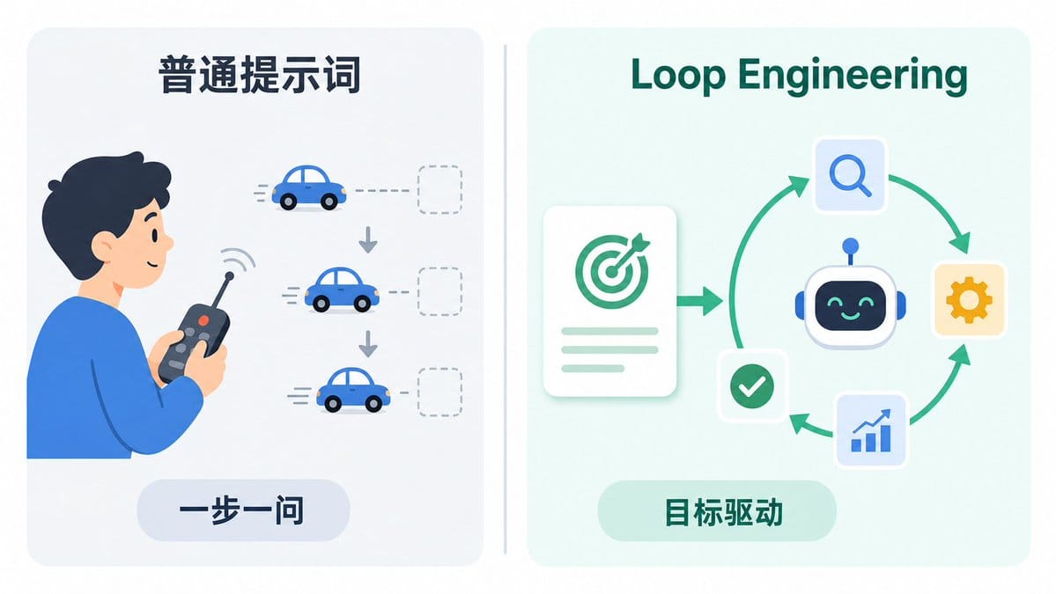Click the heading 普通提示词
[x=259, y=75]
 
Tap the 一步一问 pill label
[x=242, y=510]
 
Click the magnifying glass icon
[x=850, y=176]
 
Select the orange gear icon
[x=969, y=300]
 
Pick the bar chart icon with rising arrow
[x=871, y=429]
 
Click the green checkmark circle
[x=751, y=386]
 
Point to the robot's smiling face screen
[x=850, y=307]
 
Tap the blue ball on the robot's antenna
[x=851, y=246]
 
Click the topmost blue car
[x=308, y=187]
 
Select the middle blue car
[x=342, y=290]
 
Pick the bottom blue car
[x=353, y=390]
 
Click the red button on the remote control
[x=203, y=321]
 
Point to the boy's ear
[x=105, y=246]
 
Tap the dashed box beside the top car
[x=439, y=190]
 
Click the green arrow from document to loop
[x=699, y=300]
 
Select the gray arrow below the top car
[x=368, y=240]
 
